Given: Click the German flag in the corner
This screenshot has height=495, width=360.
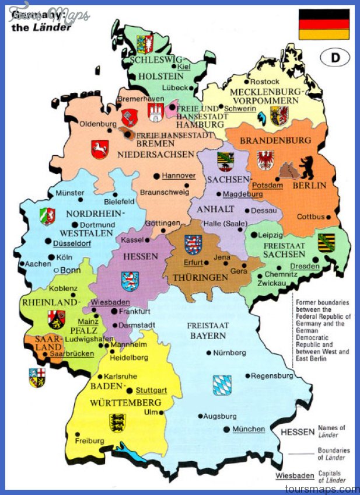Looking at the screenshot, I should (324, 24).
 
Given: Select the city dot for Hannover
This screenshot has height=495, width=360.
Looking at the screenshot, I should (156, 176).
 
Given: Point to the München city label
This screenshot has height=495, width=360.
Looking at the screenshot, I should (249, 429).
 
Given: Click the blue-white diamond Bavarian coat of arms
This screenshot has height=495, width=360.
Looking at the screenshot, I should (222, 385).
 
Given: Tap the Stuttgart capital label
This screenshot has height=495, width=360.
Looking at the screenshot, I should (151, 391).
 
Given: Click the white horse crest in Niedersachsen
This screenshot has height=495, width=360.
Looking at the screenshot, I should (100, 149).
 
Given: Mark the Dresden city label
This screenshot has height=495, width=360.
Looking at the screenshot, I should (306, 266).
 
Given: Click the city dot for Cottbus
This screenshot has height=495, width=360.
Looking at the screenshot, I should (328, 217).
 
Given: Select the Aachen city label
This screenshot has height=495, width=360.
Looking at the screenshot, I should (39, 264).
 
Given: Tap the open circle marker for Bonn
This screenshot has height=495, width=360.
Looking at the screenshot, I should (56, 270).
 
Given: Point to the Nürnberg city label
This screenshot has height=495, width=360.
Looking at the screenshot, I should (230, 353).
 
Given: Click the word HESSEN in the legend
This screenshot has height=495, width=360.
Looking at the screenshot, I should (298, 432).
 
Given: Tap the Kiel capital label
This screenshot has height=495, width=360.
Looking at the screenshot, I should (184, 68).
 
